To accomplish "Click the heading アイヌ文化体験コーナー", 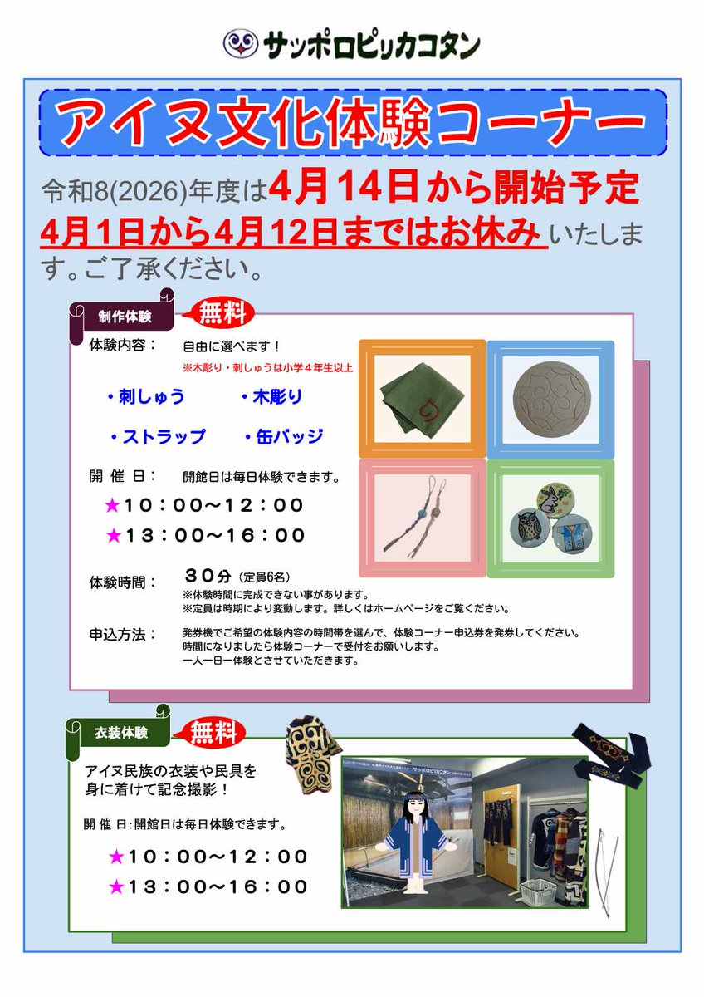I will click(353, 123).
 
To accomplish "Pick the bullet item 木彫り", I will click(272, 397).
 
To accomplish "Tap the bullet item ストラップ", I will click(158, 436).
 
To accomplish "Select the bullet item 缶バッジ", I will click(284, 436).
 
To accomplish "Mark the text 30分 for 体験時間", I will click(207, 575).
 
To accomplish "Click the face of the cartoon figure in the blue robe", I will click(412, 806).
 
